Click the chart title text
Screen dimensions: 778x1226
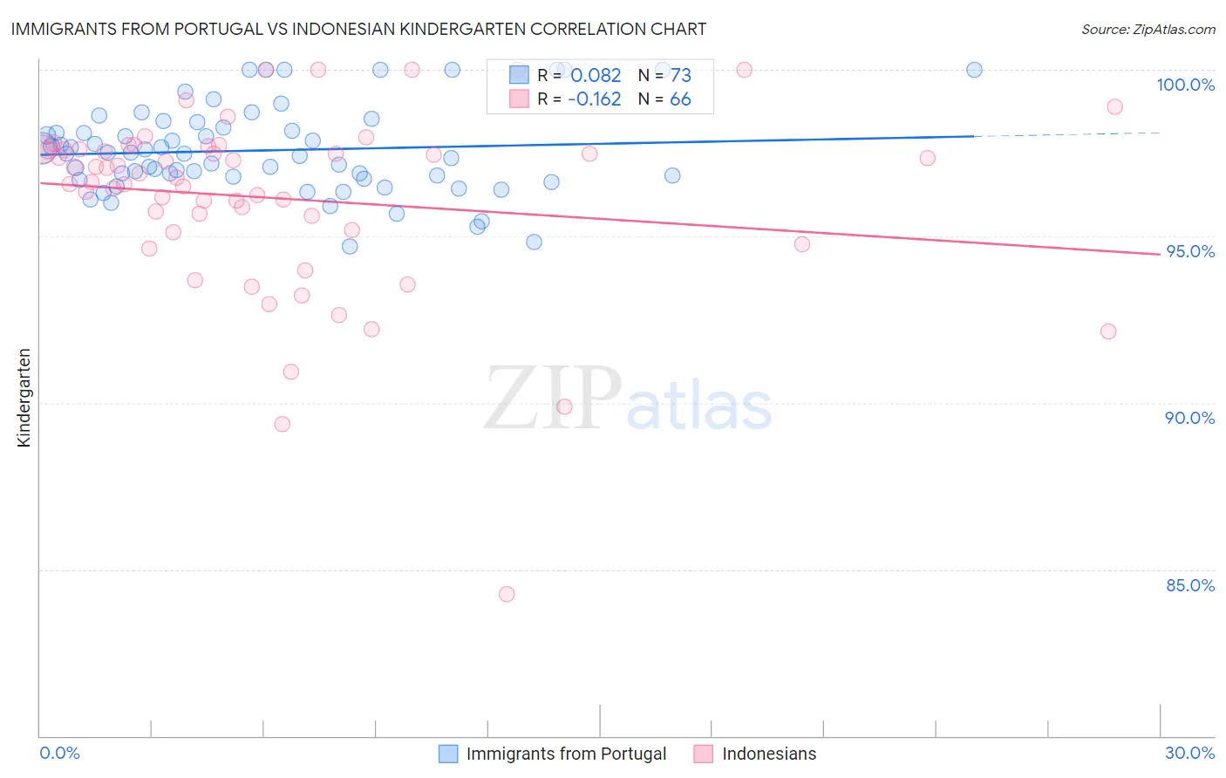click(358, 29)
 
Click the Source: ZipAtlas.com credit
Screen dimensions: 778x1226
click(1148, 29)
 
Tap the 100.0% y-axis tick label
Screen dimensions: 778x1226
click(1185, 85)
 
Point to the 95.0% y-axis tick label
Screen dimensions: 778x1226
click(1189, 251)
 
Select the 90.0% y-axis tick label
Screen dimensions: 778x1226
click(1189, 418)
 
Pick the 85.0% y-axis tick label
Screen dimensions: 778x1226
click(1189, 585)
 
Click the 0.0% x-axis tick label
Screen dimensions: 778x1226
click(59, 753)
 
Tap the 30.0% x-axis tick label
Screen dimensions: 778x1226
click(1189, 753)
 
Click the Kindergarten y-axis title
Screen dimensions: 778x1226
click(24, 398)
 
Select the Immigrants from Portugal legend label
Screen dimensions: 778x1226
click(566, 754)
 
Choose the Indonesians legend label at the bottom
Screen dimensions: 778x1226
click(769, 754)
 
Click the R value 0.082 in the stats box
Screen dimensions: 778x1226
click(596, 76)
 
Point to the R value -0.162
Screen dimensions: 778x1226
click(594, 99)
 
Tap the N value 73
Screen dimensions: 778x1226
click(680, 76)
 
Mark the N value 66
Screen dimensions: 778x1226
click(680, 99)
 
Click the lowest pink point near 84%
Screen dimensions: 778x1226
click(507, 594)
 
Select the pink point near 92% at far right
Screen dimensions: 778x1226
click(1108, 331)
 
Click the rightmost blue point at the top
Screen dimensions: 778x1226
click(974, 70)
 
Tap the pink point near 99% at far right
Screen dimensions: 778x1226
click(1114, 107)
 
